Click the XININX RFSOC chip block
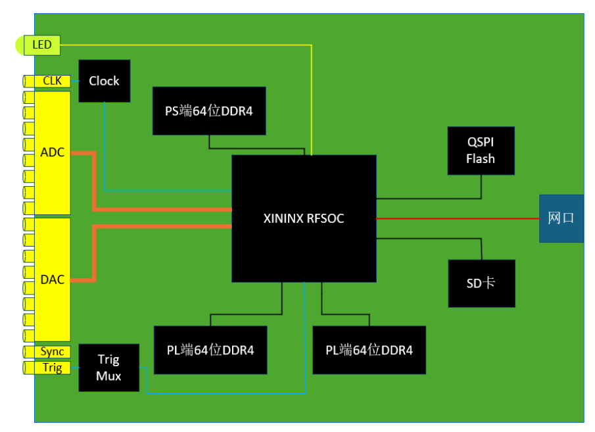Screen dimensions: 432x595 (304, 218)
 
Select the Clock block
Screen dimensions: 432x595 (104, 81)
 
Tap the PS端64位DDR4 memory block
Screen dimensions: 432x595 (209, 110)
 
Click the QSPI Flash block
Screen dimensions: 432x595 (481, 151)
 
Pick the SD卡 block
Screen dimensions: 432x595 (481, 283)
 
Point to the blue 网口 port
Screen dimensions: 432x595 (561, 218)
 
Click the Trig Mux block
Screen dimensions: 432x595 (108, 368)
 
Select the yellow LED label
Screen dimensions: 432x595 (41, 45)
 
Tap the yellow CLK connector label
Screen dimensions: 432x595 (52, 81)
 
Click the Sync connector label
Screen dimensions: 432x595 (52, 352)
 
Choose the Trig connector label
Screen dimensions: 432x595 (52, 368)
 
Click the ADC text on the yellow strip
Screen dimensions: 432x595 (52, 153)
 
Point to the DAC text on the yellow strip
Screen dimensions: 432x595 (52, 279)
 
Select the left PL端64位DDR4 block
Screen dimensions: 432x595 (210, 350)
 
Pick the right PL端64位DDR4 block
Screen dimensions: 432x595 (369, 350)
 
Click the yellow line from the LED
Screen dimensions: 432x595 (184, 45)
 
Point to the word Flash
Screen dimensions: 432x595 (481, 158)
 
